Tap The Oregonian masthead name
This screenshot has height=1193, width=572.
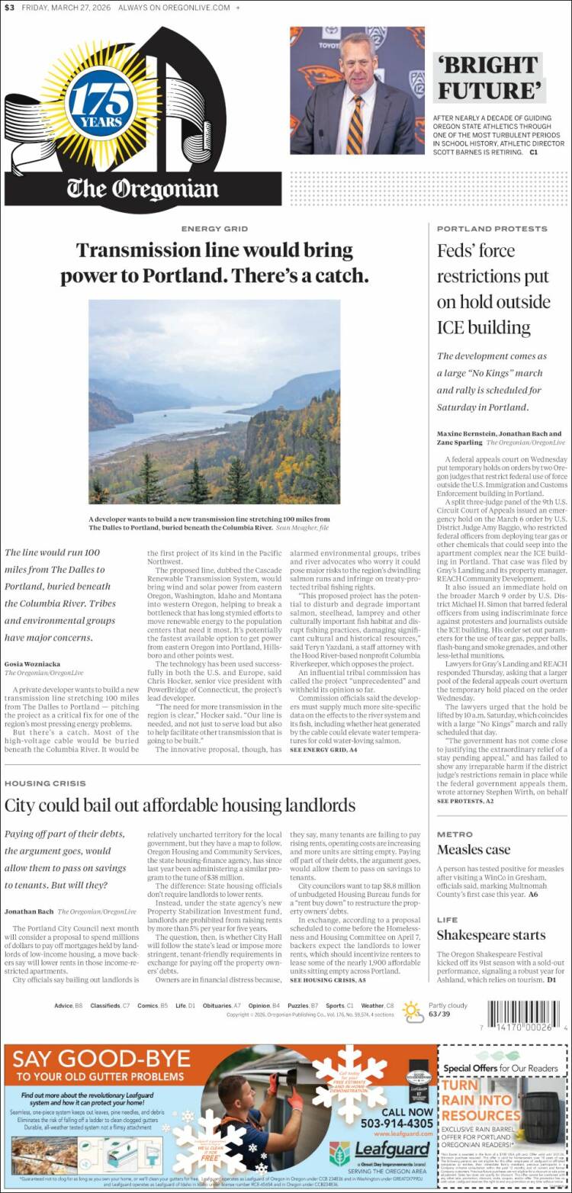tap(142, 188)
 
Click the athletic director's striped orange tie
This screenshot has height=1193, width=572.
tap(356, 122)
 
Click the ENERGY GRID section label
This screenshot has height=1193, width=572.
tap(214, 229)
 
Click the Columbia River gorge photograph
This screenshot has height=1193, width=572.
tap(214, 401)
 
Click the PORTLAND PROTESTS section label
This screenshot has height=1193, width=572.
tap(492, 229)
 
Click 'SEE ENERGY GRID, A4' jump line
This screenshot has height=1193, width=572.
tap(323, 751)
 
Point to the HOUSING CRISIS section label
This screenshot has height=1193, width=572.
tap(45, 783)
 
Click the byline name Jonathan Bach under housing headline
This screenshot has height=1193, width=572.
tap(28, 911)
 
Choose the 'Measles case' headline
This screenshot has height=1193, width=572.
tap(474, 849)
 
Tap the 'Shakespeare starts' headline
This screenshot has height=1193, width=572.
tap(490, 934)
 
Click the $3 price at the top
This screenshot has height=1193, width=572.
tap(9, 8)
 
